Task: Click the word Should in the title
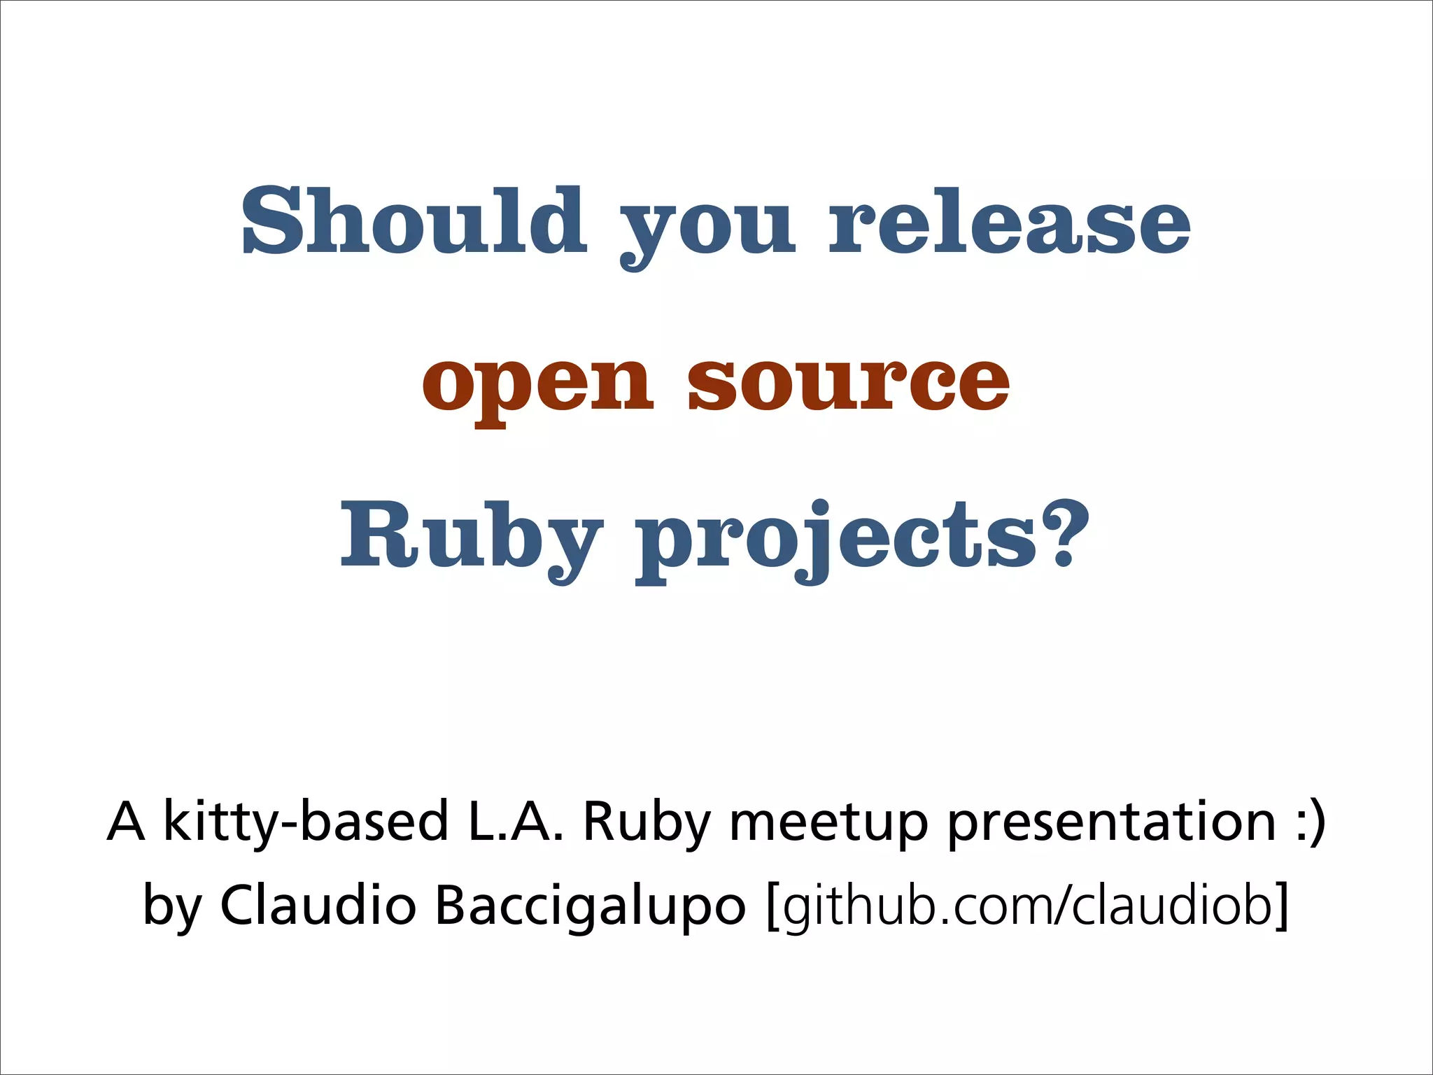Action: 414,221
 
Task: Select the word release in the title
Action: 1009,221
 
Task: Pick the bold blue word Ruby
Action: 470,539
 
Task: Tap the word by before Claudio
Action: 172,907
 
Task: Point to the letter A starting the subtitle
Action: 127,822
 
